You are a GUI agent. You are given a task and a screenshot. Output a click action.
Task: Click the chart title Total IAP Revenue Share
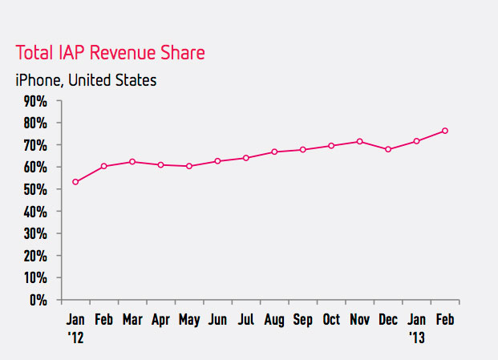point(110,54)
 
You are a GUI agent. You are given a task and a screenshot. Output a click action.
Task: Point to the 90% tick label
point(36,101)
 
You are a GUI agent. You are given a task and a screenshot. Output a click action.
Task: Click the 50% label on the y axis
point(36,190)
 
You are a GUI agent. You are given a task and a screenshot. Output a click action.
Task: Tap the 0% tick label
point(39,301)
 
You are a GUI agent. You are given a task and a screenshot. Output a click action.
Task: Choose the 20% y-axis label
point(36,257)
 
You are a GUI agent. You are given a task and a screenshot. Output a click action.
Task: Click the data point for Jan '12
point(75,182)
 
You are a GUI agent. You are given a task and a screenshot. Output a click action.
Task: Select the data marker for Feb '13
point(444,131)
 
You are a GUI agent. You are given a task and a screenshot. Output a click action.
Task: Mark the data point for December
point(388,149)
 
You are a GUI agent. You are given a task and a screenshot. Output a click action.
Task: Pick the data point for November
point(359,141)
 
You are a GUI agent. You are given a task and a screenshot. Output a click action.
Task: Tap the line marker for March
point(132,162)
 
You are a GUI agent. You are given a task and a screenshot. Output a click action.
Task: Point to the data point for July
point(245,158)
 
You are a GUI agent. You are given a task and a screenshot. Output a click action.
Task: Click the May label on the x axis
point(188,320)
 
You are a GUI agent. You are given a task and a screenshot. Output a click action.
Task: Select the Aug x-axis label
point(274,320)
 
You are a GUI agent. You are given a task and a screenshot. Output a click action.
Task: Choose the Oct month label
point(330,320)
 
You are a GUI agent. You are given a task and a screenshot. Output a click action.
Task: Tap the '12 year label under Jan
point(75,337)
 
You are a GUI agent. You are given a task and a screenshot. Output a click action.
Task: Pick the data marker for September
point(302,150)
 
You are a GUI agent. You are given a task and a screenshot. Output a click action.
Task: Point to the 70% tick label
point(36,145)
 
